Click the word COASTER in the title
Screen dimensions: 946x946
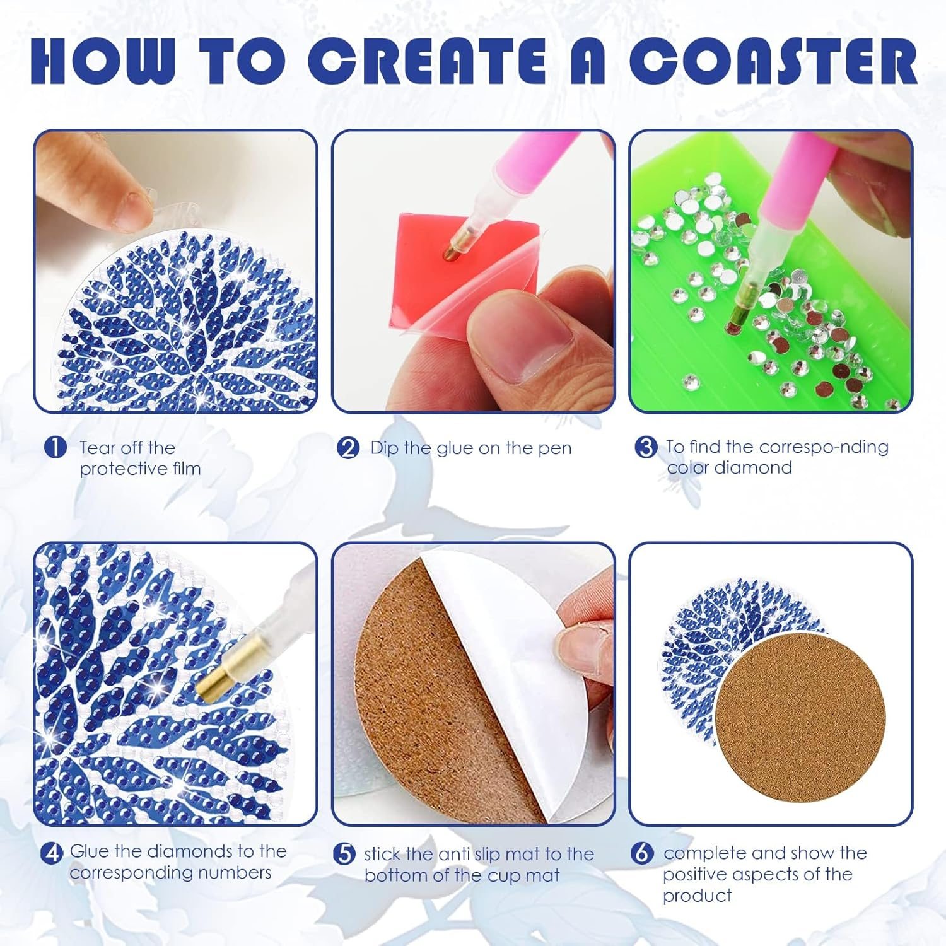[x=773, y=61]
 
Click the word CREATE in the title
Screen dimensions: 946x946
[x=427, y=61]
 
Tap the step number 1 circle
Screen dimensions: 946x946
[x=55, y=448]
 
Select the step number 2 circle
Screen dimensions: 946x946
[x=347, y=448]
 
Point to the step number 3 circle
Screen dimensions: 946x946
[x=645, y=447]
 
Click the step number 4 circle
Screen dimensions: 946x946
[x=52, y=853]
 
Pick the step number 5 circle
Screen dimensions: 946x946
[x=344, y=855]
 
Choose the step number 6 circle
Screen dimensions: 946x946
[x=641, y=853]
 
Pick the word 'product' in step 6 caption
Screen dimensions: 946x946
[x=697, y=896]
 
